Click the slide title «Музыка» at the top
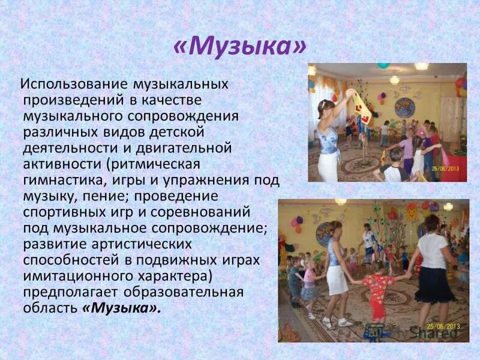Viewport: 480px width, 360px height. (x=240, y=47)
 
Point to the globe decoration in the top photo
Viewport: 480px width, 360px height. (x=404, y=108)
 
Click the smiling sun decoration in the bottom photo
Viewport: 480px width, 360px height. (x=412, y=211)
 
